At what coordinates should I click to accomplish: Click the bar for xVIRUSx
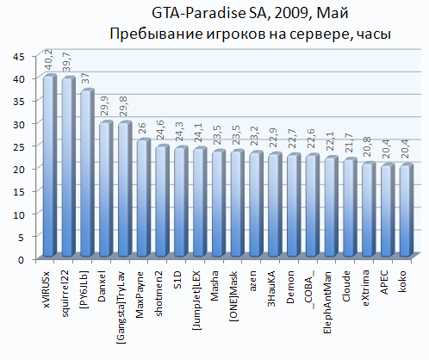pos(49,165)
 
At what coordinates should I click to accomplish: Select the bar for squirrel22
pos(68,166)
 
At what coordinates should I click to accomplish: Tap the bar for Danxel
pos(106,189)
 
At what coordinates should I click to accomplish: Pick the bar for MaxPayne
pos(143,197)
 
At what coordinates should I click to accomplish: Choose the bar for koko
pos(406,210)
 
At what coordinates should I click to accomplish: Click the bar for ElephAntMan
pos(331,207)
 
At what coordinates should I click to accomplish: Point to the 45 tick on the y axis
pos(20,57)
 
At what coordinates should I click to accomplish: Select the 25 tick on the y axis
pos(20,146)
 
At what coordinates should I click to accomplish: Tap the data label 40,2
pos(48,59)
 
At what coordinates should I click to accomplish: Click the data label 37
pos(85,78)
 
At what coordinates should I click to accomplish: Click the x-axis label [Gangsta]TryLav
pos(121,307)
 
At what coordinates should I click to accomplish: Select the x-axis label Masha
pos(214,286)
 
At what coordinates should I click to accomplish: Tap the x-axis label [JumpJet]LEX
pos(196,300)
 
